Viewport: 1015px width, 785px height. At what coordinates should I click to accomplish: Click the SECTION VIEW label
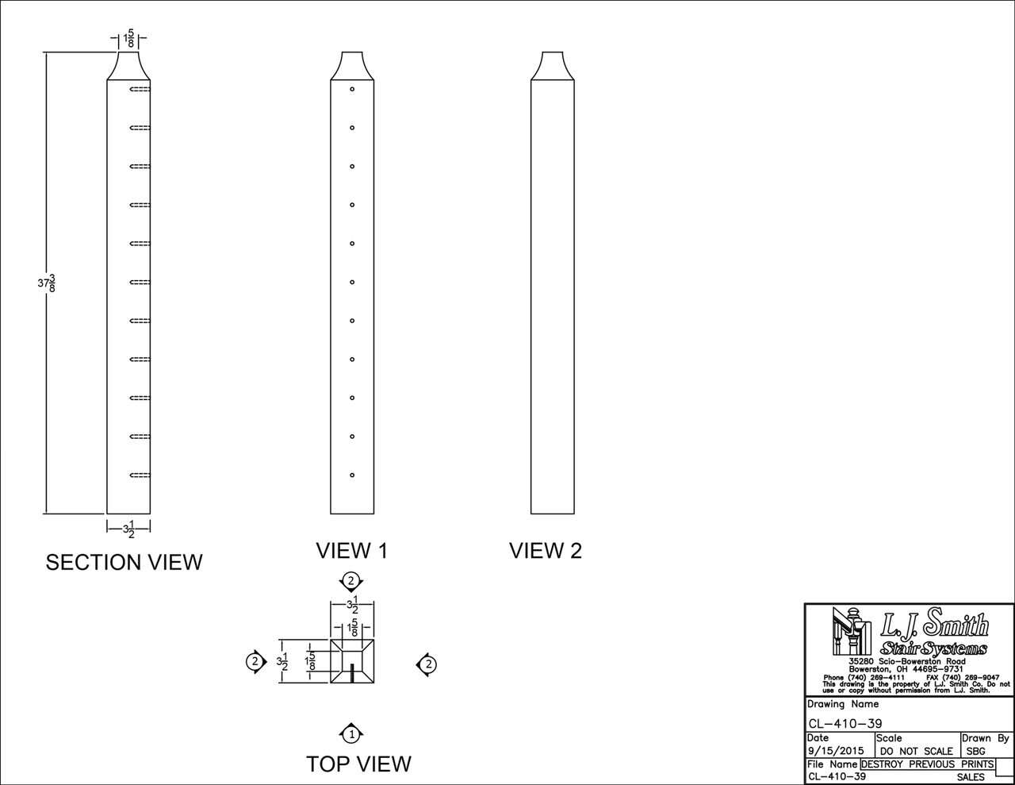(x=124, y=562)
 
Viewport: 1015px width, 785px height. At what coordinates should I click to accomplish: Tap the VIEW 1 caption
(x=351, y=550)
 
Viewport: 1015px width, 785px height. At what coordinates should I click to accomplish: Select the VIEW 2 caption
(x=545, y=550)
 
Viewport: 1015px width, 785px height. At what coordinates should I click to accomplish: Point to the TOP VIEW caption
(x=358, y=764)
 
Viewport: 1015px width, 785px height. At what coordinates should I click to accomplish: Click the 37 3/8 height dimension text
(x=47, y=283)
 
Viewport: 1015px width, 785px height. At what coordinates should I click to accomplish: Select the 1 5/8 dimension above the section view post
(x=128, y=39)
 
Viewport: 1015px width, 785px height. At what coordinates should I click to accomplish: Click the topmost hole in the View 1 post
(x=352, y=90)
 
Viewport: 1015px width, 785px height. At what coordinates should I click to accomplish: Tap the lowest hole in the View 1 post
(x=352, y=475)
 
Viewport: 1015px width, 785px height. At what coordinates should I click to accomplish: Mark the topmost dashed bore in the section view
(x=140, y=90)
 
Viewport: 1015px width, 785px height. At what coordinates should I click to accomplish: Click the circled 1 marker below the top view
(x=352, y=734)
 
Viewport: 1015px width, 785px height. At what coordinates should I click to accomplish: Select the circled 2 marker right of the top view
(x=427, y=664)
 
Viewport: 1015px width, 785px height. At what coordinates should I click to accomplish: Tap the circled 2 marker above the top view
(x=350, y=582)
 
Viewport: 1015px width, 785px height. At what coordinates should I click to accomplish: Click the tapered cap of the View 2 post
(x=553, y=66)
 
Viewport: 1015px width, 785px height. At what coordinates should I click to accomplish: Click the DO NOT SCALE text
(x=916, y=751)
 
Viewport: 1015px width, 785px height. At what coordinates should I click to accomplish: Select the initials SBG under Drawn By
(x=976, y=751)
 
